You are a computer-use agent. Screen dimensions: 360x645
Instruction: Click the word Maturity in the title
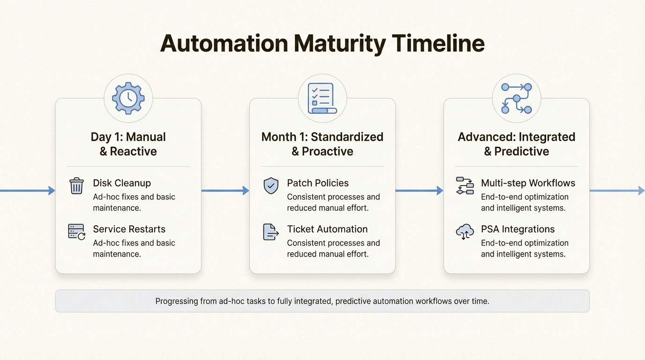tap(339, 44)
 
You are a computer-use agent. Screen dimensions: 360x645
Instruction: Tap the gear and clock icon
tap(128, 98)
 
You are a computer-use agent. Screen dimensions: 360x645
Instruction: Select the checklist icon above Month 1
tap(322, 98)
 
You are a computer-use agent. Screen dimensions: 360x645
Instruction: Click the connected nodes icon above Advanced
tap(516, 98)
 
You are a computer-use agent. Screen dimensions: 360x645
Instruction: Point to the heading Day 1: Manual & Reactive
tap(128, 144)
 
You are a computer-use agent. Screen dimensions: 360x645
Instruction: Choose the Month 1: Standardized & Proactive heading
tap(322, 144)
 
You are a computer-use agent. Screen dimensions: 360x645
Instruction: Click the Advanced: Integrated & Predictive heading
tap(516, 144)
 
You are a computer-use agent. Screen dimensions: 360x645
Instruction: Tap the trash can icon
tap(76, 186)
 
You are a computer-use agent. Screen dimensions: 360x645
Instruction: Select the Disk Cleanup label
tap(122, 183)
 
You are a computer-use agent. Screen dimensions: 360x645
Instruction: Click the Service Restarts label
tap(129, 229)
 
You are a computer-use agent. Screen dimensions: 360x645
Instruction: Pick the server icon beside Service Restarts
tap(76, 232)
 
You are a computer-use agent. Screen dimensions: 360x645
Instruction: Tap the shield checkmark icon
tap(270, 186)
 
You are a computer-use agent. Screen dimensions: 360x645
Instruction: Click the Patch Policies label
tap(318, 183)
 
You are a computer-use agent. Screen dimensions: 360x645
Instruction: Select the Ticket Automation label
tap(327, 229)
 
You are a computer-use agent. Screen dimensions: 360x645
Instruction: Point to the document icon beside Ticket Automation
tap(270, 232)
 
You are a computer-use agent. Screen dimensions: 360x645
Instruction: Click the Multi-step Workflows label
tap(528, 183)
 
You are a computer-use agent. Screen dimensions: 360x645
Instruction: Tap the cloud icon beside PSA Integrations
tap(465, 232)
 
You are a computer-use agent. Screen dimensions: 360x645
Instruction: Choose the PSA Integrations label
tap(517, 229)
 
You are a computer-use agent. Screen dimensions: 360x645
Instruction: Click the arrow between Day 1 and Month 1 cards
tap(225, 190)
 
